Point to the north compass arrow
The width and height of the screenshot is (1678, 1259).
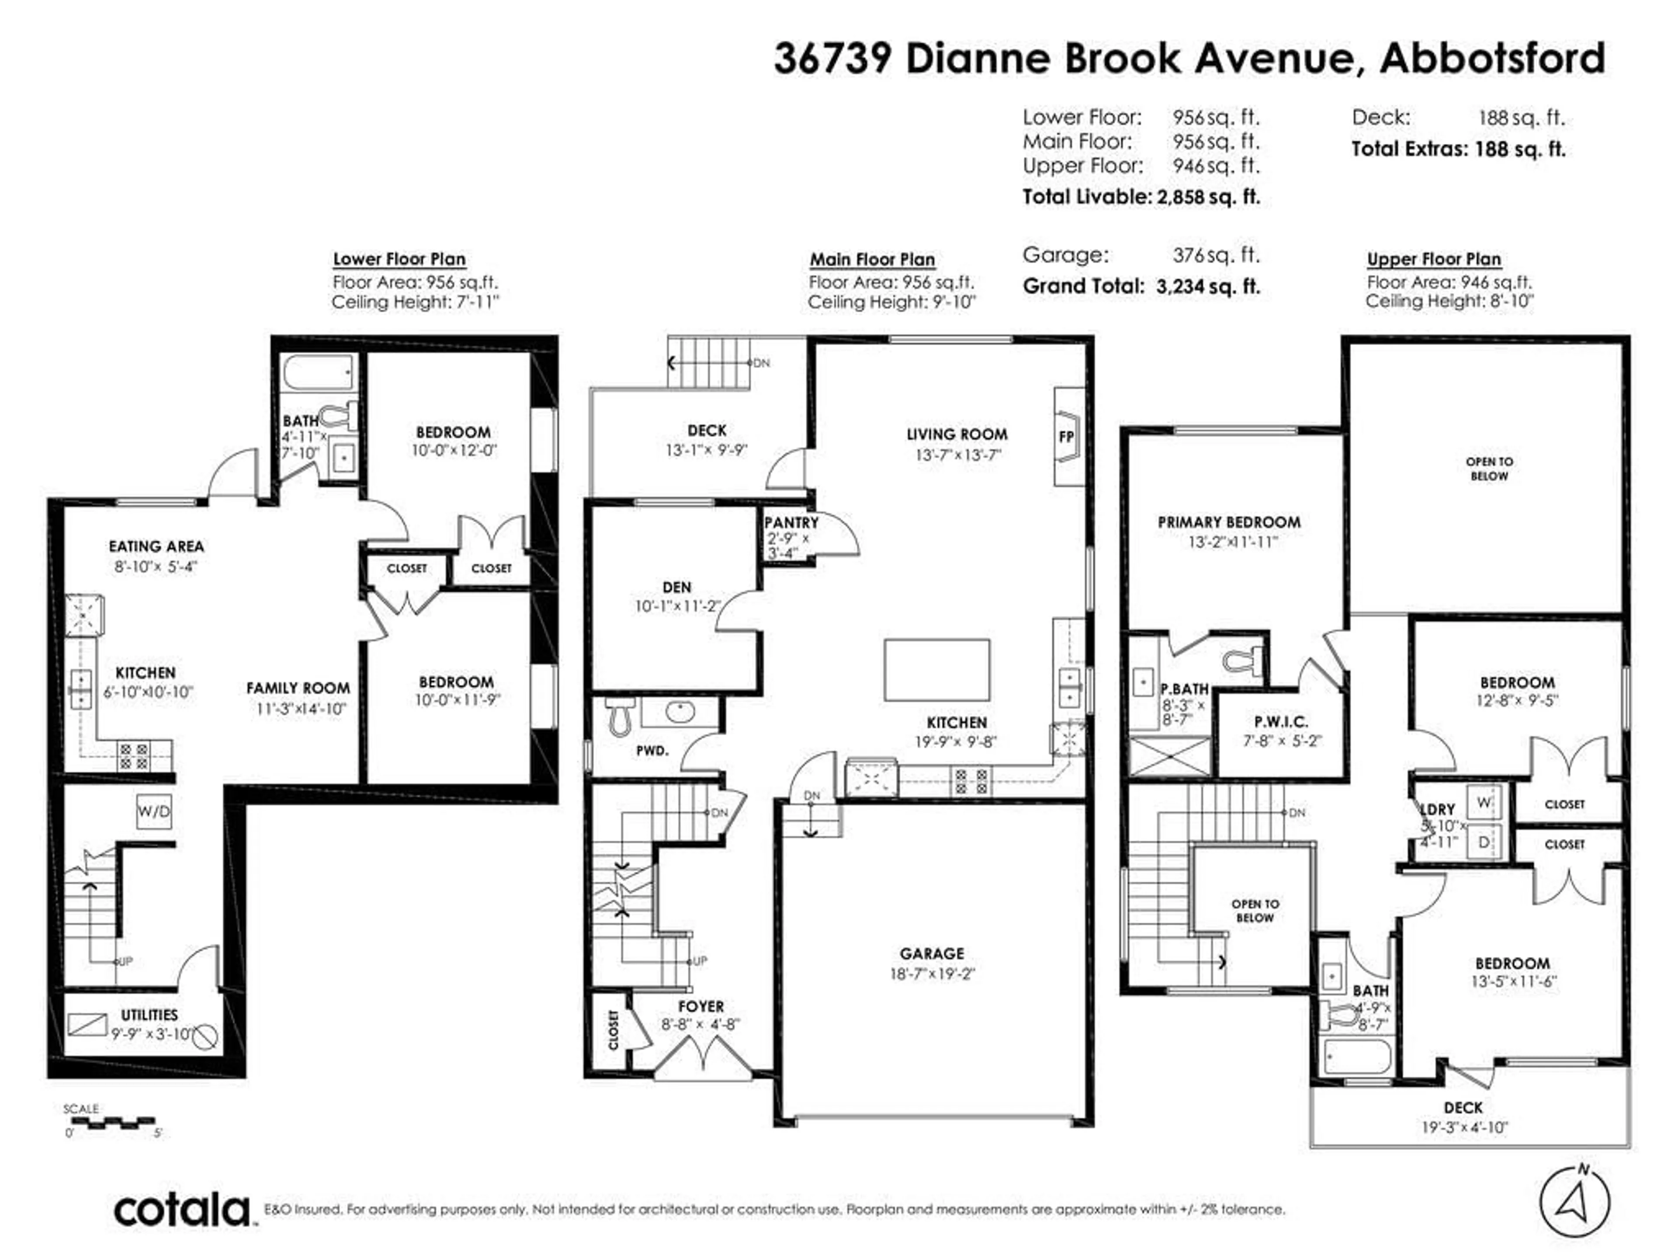tap(1574, 1201)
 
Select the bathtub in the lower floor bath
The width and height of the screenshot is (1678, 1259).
tap(319, 372)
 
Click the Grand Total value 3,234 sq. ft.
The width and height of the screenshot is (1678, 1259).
tap(1208, 287)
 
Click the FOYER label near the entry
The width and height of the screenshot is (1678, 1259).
tap(701, 1006)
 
